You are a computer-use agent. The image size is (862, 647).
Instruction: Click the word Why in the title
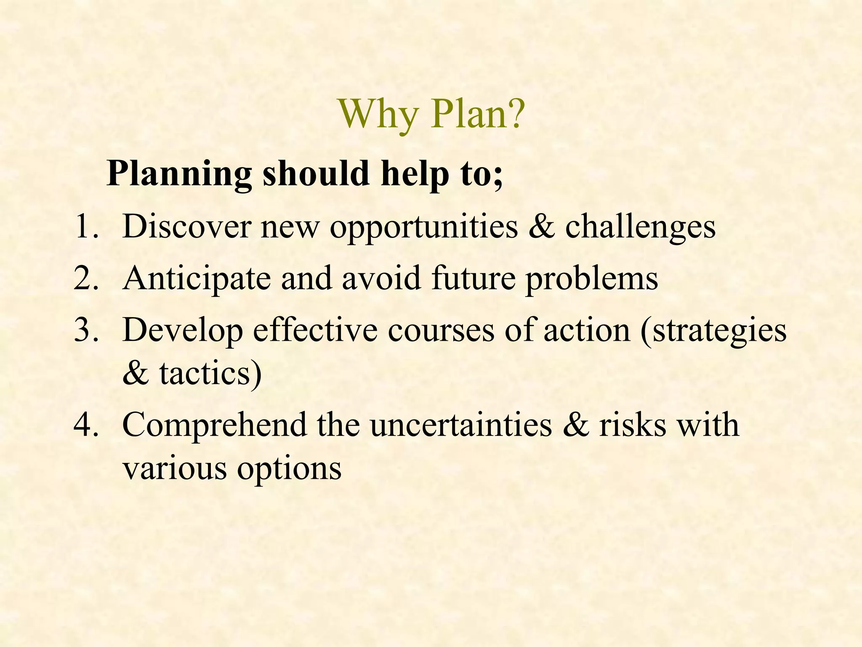click(x=378, y=115)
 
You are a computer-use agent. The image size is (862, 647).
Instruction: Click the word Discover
click(x=186, y=227)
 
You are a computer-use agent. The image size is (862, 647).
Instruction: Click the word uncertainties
click(x=461, y=425)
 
